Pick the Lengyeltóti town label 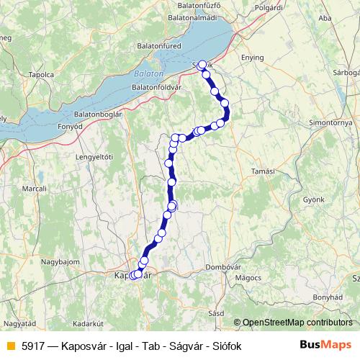(96, 156)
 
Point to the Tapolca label (41, 74)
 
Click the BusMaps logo (326, 345)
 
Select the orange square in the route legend (10, 346)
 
